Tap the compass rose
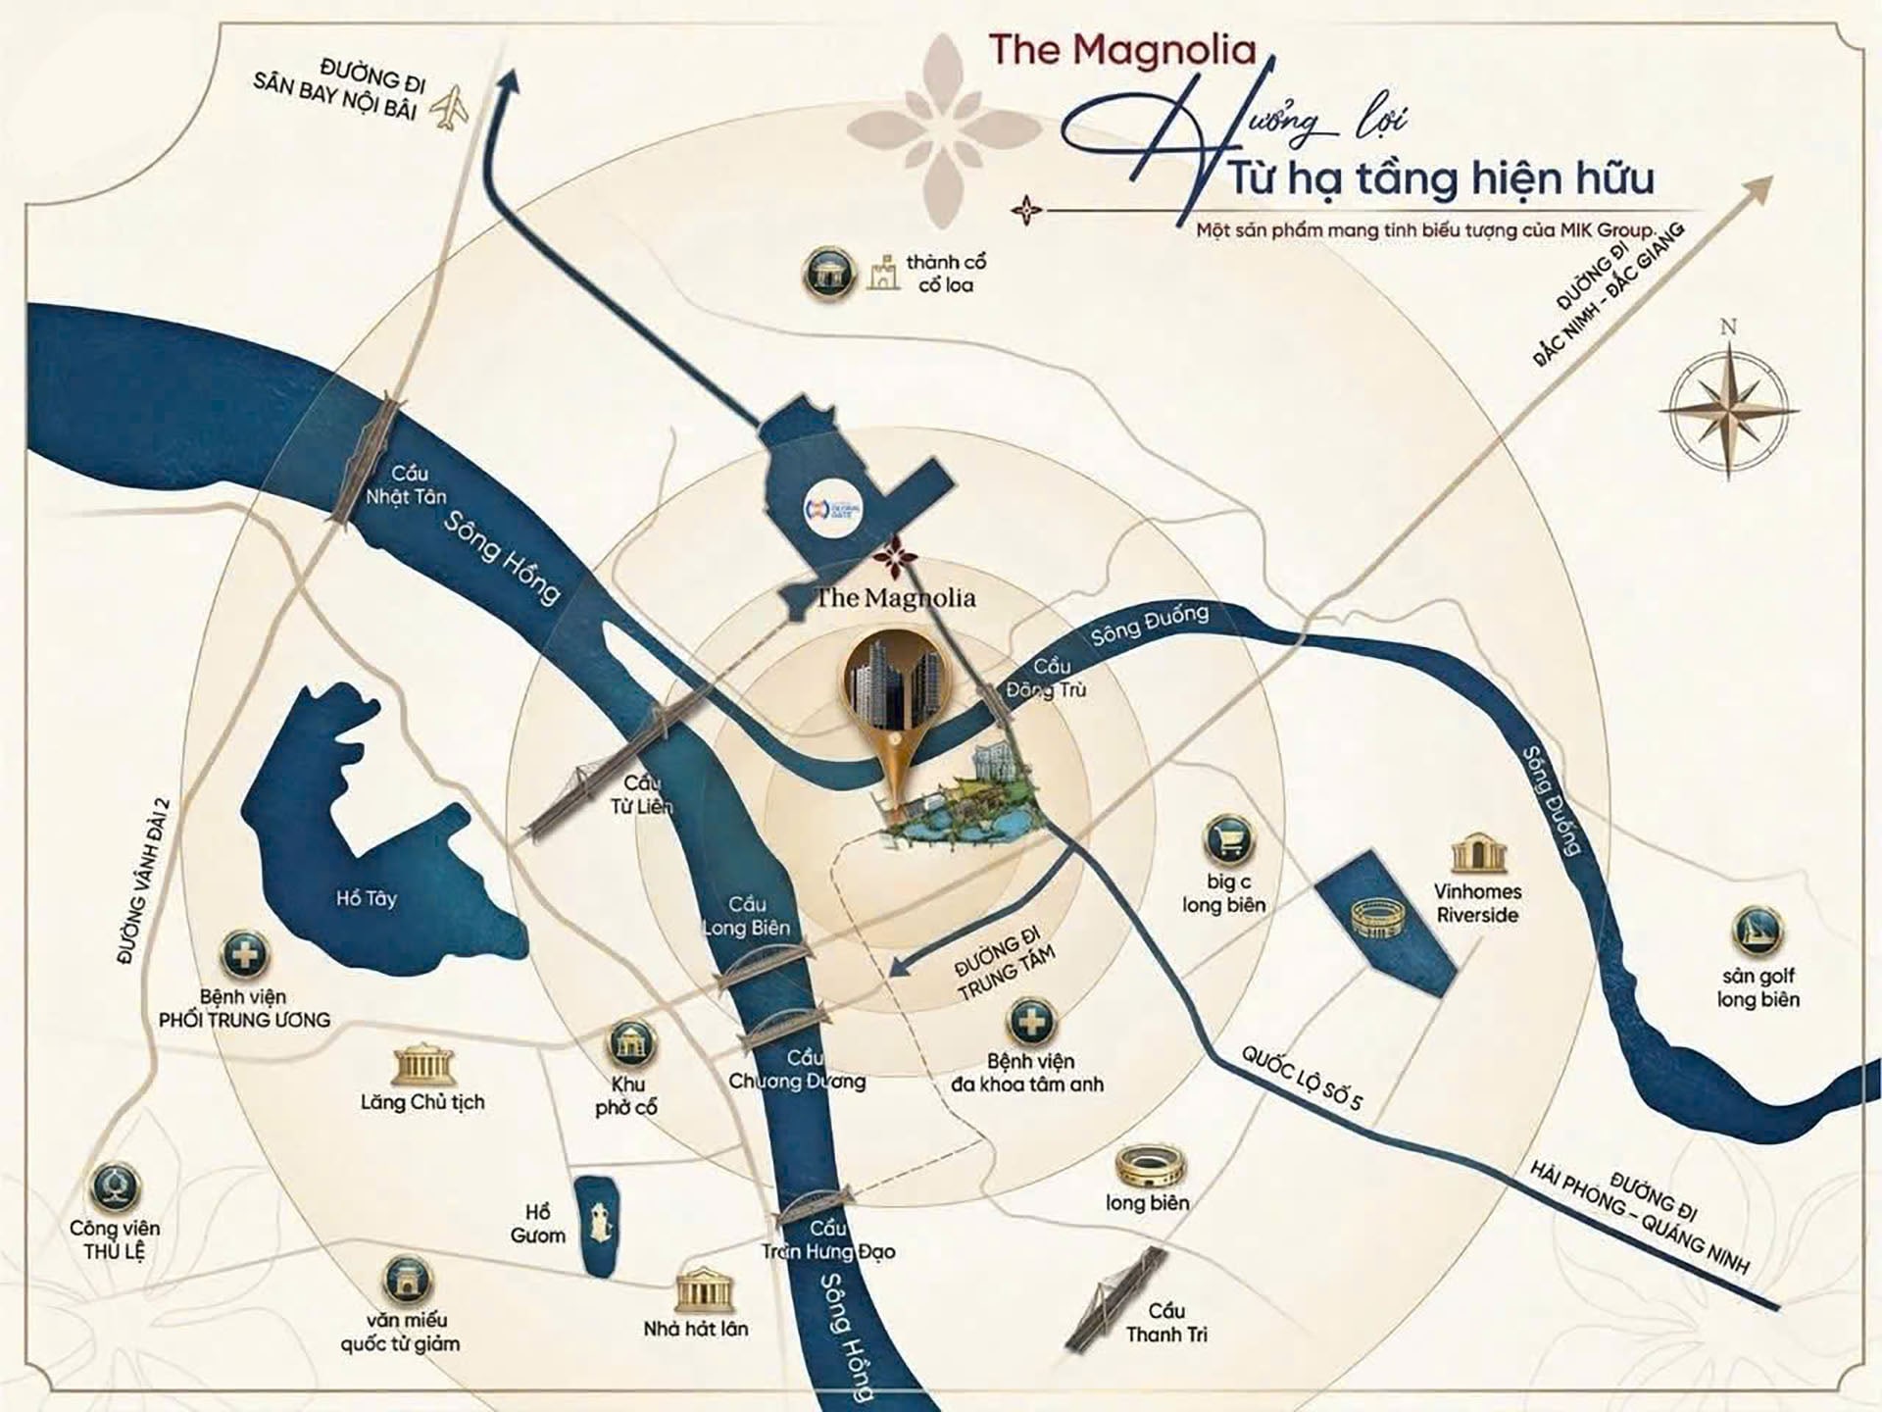1729,405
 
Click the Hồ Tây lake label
366,897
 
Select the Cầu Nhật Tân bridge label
406,485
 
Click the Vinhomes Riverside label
1477,903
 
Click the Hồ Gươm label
538,1225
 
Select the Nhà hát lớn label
695,1329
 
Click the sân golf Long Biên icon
1758,932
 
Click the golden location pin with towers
890,701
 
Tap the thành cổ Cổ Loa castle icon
884,274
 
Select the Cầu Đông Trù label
1047,679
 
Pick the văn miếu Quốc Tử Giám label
400,1332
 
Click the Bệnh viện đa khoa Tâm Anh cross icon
1031,1022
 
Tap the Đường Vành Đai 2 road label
143,882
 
